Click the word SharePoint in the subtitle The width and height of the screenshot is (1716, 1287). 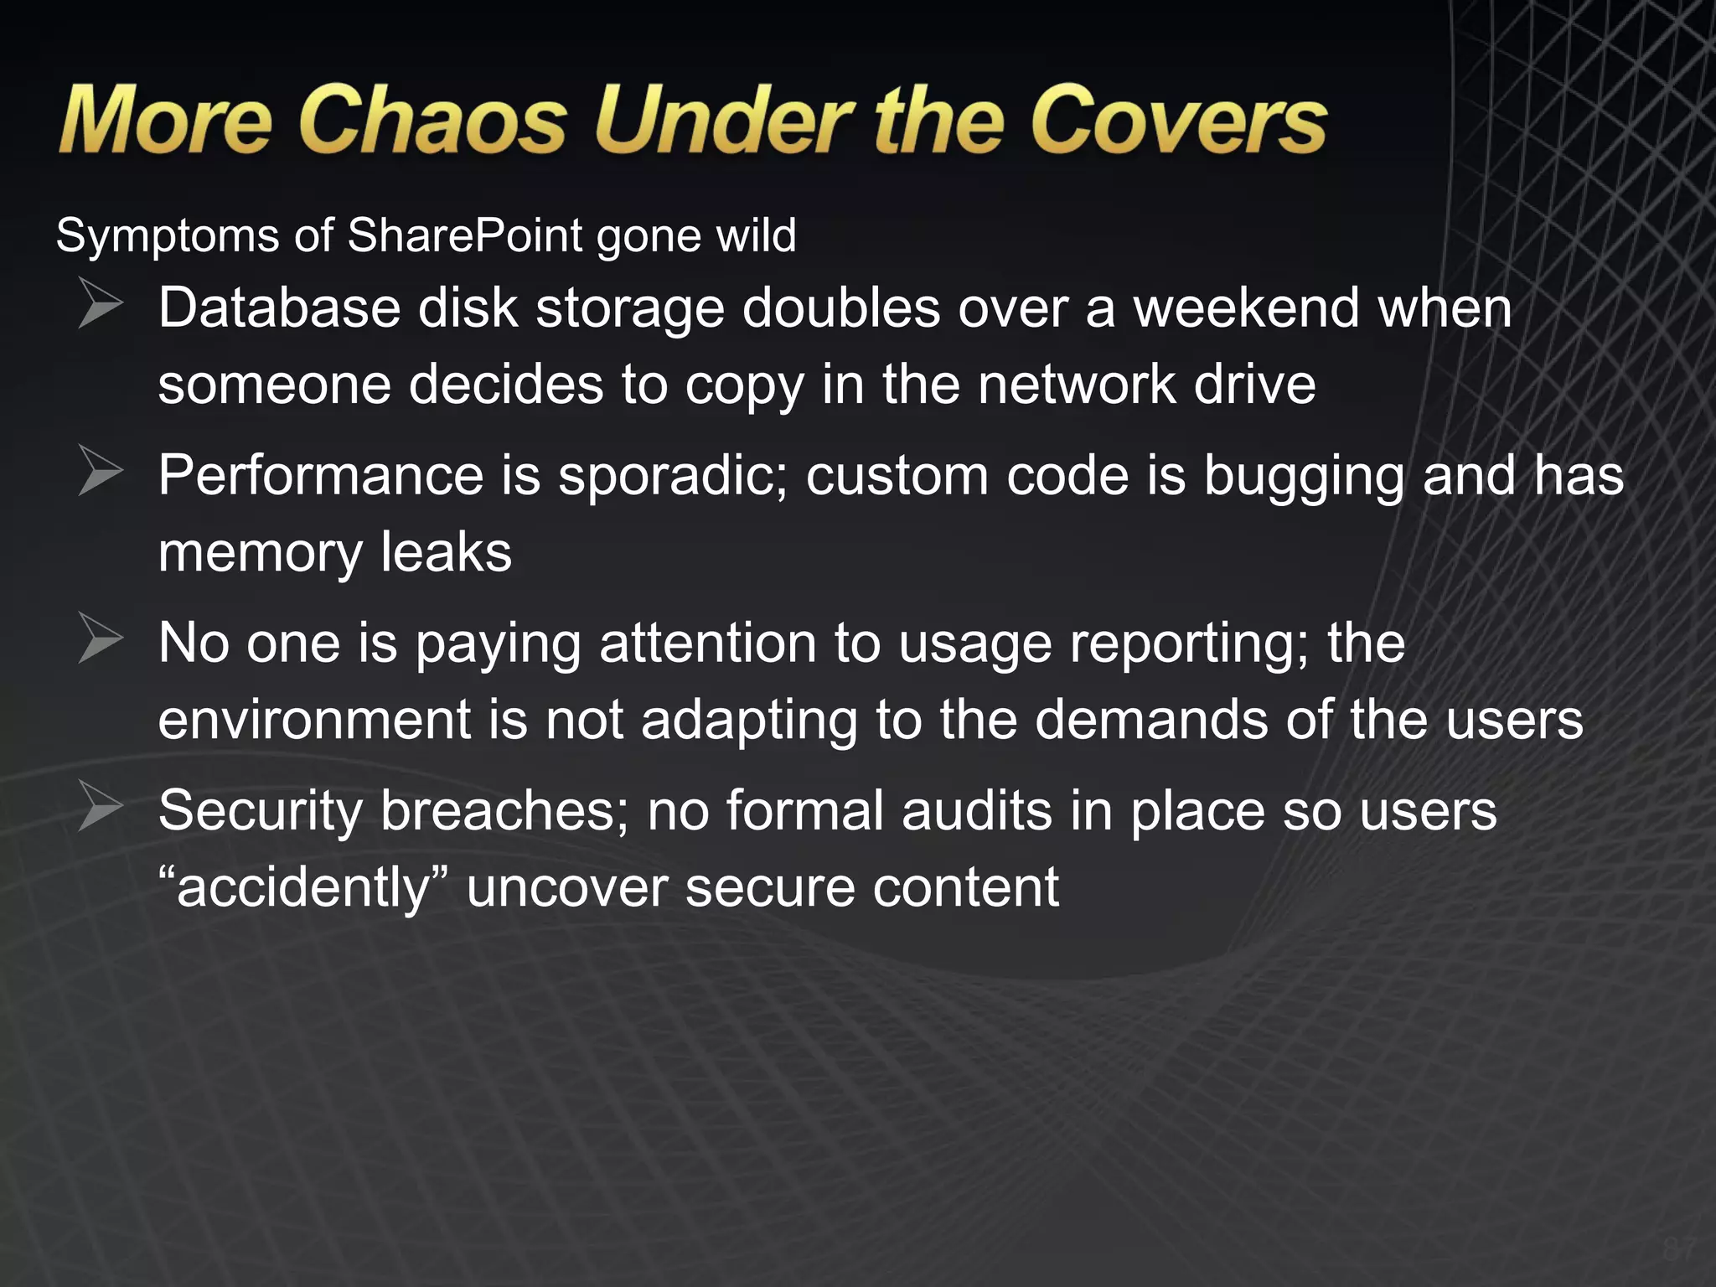[464, 235]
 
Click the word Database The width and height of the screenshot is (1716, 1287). [278, 308]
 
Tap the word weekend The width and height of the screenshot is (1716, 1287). [1246, 308]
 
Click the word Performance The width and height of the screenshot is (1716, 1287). [321, 476]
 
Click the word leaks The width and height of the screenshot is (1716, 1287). [446, 553]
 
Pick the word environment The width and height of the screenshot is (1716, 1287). [315, 721]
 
